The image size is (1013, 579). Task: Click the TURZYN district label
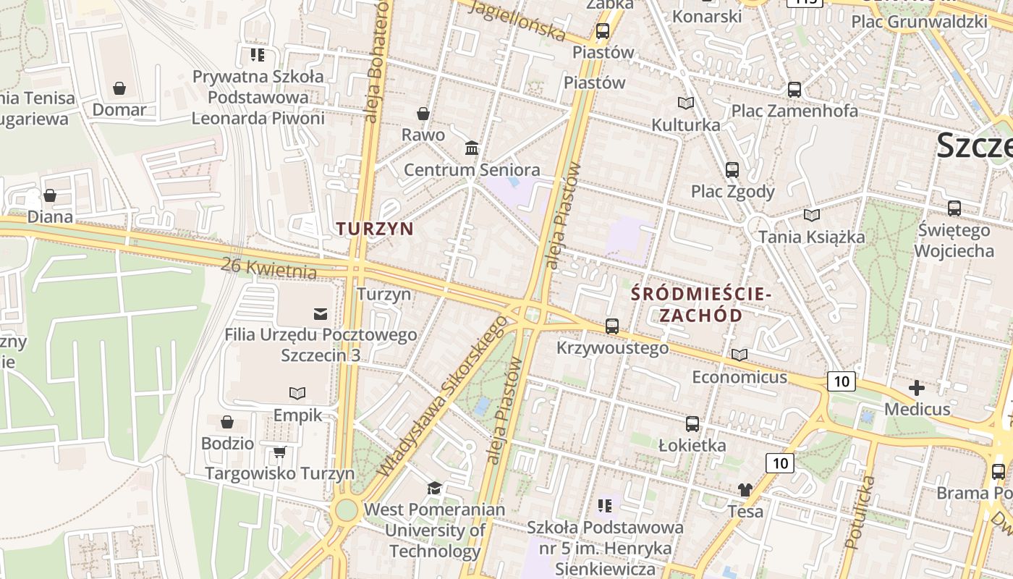(x=375, y=229)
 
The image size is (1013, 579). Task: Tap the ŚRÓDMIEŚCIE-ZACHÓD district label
(x=701, y=305)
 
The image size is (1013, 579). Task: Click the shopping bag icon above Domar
(x=119, y=88)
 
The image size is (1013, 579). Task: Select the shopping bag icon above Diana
(x=50, y=195)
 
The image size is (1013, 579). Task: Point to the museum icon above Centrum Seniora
(x=472, y=148)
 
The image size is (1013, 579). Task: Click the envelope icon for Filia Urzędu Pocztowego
(x=320, y=313)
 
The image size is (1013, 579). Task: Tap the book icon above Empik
(x=297, y=393)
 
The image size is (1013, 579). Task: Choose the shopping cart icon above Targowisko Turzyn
(x=279, y=452)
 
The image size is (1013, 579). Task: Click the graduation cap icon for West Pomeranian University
(x=434, y=489)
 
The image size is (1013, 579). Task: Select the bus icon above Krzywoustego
(x=612, y=326)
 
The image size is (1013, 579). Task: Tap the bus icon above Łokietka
(x=692, y=424)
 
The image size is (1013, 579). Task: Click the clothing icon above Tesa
(x=745, y=490)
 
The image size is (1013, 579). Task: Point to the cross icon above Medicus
(x=917, y=388)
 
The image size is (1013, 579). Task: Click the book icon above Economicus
(x=739, y=355)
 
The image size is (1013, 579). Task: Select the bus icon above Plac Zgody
(x=732, y=170)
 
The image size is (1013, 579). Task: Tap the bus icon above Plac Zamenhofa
(x=794, y=90)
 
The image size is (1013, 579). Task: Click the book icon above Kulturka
(x=685, y=103)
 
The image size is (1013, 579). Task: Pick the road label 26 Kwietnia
(x=270, y=268)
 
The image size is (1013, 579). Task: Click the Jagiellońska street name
(x=517, y=20)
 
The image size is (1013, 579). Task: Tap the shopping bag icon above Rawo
(x=423, y=114)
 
